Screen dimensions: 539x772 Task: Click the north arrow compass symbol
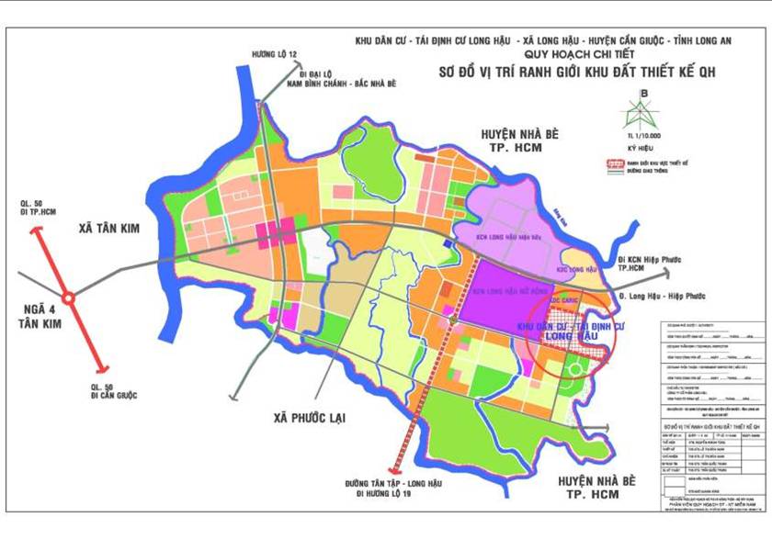644,110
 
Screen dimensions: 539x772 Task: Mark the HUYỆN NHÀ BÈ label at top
519,135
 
